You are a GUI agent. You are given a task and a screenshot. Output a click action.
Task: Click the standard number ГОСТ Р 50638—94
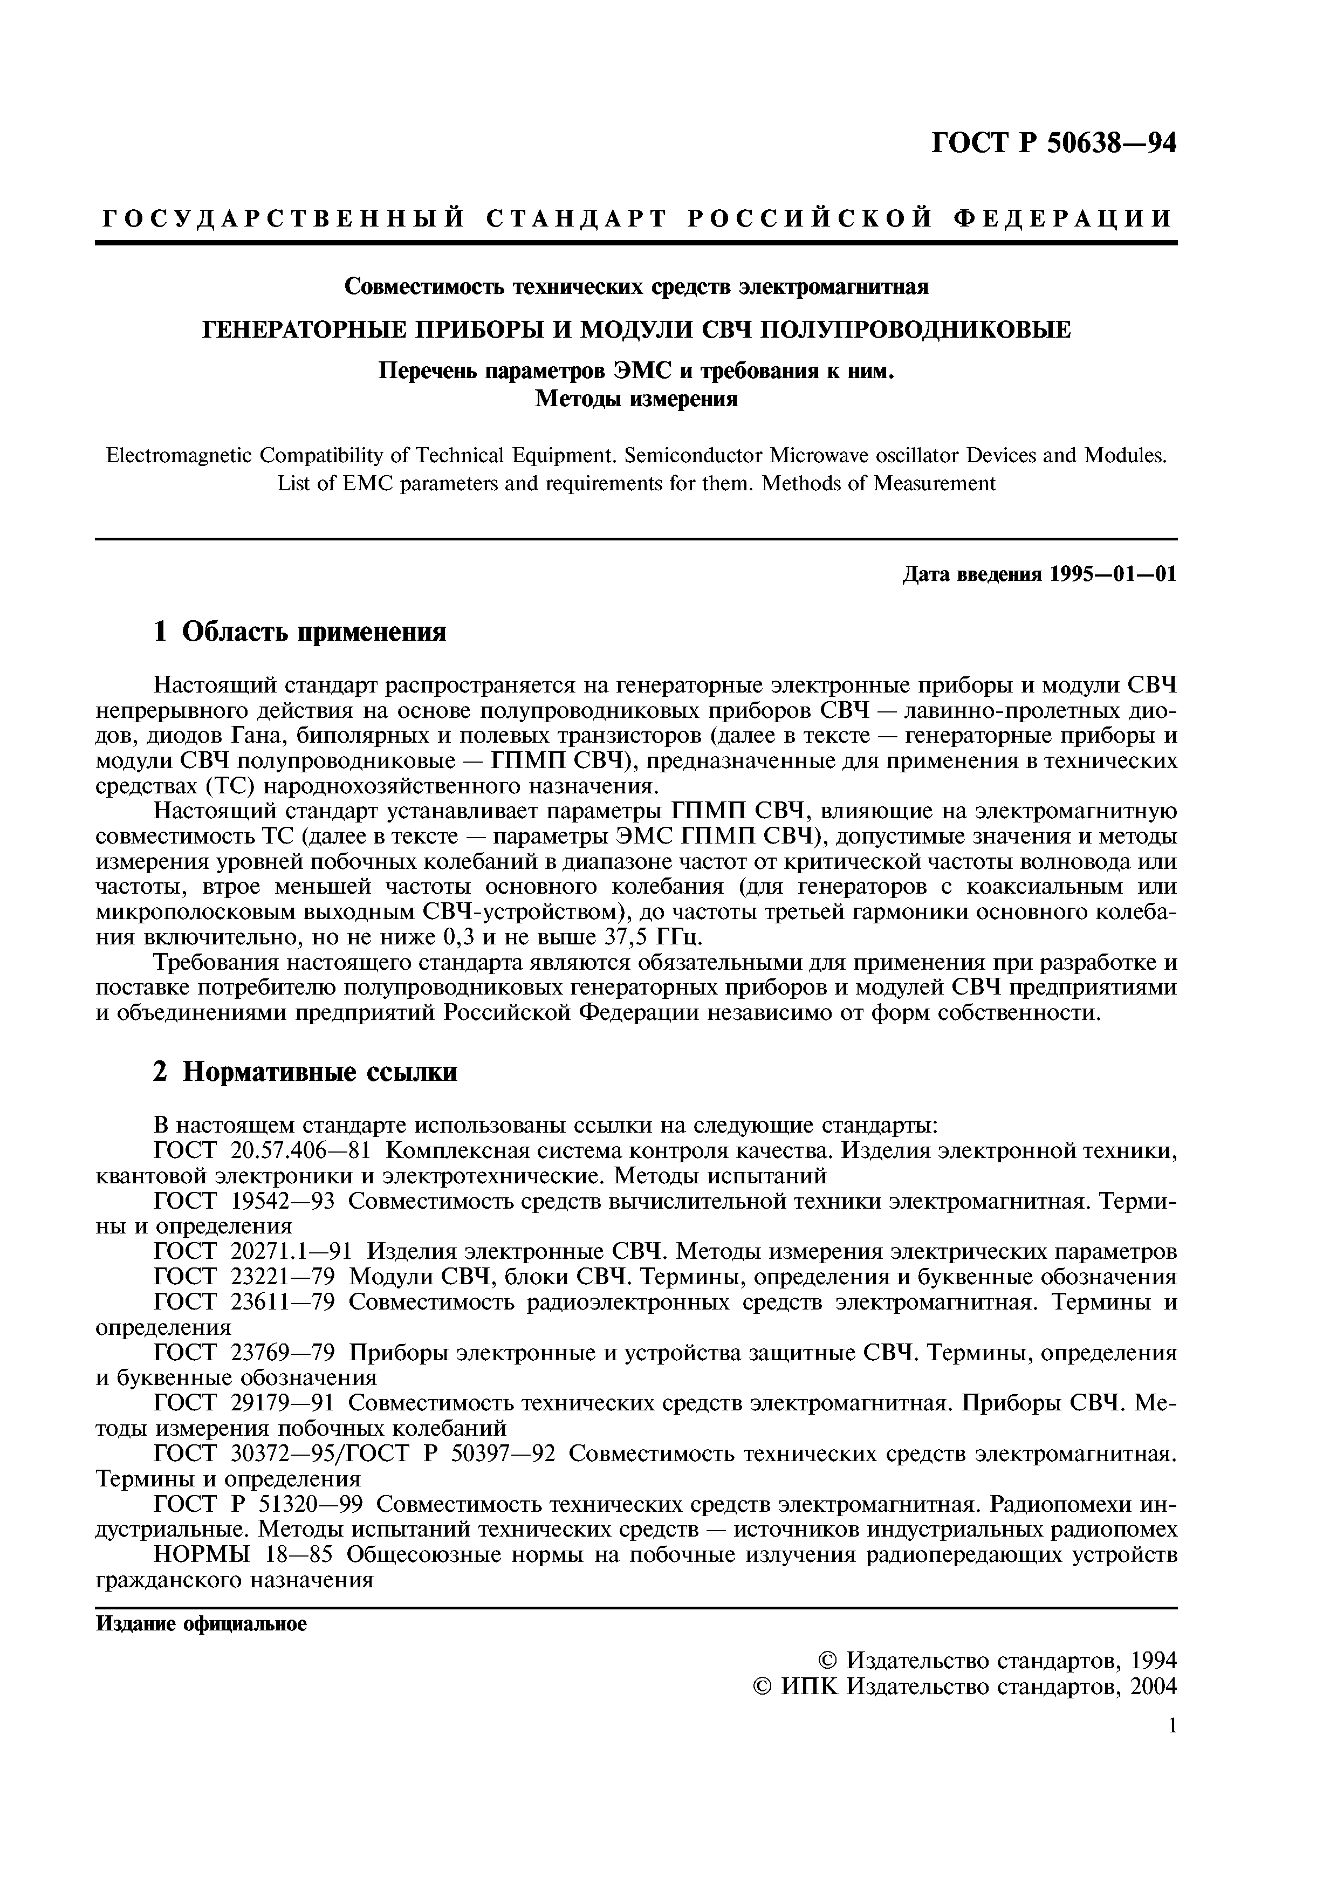(1054, 143)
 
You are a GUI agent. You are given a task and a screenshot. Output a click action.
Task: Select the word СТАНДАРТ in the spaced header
(575, 218)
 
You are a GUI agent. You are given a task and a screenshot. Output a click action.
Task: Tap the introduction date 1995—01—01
(1113, 574)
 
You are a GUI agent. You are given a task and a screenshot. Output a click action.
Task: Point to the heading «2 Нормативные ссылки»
(305, 1072)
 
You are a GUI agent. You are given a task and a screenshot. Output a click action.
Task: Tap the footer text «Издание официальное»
(201, 1623)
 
